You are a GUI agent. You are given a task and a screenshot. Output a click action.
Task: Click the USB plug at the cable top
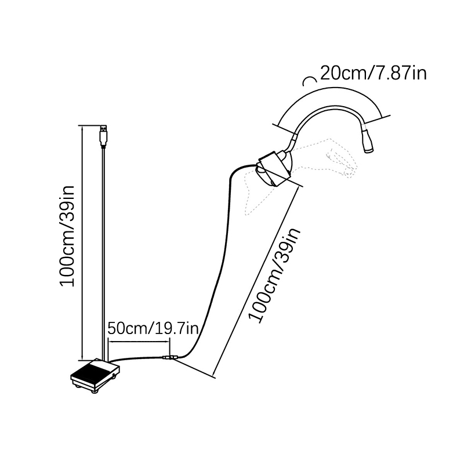[103, 135]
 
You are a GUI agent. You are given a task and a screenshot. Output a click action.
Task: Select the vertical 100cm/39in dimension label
[69, 234]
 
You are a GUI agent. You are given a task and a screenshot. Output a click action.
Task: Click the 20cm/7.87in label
[374, 74]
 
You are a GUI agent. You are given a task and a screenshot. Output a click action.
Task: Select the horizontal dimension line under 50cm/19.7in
[139, 341]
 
